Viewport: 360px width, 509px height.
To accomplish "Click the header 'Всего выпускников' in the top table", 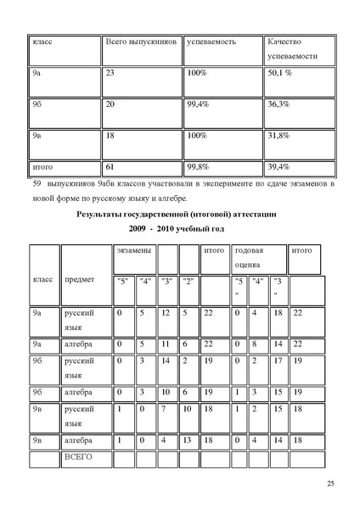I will click(x=139, y=42).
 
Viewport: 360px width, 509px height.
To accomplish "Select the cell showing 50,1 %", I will click(x=280, y=74).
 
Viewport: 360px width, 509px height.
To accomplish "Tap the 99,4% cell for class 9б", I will click(x=200, y=104).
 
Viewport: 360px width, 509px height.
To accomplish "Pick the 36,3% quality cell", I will click(x=279, y=104).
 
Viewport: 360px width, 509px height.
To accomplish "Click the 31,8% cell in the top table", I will click(x=279, y=135).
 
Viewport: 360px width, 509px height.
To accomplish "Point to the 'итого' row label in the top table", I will click(x=42, y=166).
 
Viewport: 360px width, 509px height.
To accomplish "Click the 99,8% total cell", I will click(x=200, y=166).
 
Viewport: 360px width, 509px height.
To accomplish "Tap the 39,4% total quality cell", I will click(x=279, y=166).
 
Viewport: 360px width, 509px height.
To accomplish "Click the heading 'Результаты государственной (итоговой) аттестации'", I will click(x=179, y=216).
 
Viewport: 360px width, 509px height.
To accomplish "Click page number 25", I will click(x=329, y=484).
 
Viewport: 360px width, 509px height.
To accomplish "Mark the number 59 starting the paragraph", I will click(x=37, y=182).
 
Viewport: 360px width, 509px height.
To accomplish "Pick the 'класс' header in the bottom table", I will click(x=42, y=278).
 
